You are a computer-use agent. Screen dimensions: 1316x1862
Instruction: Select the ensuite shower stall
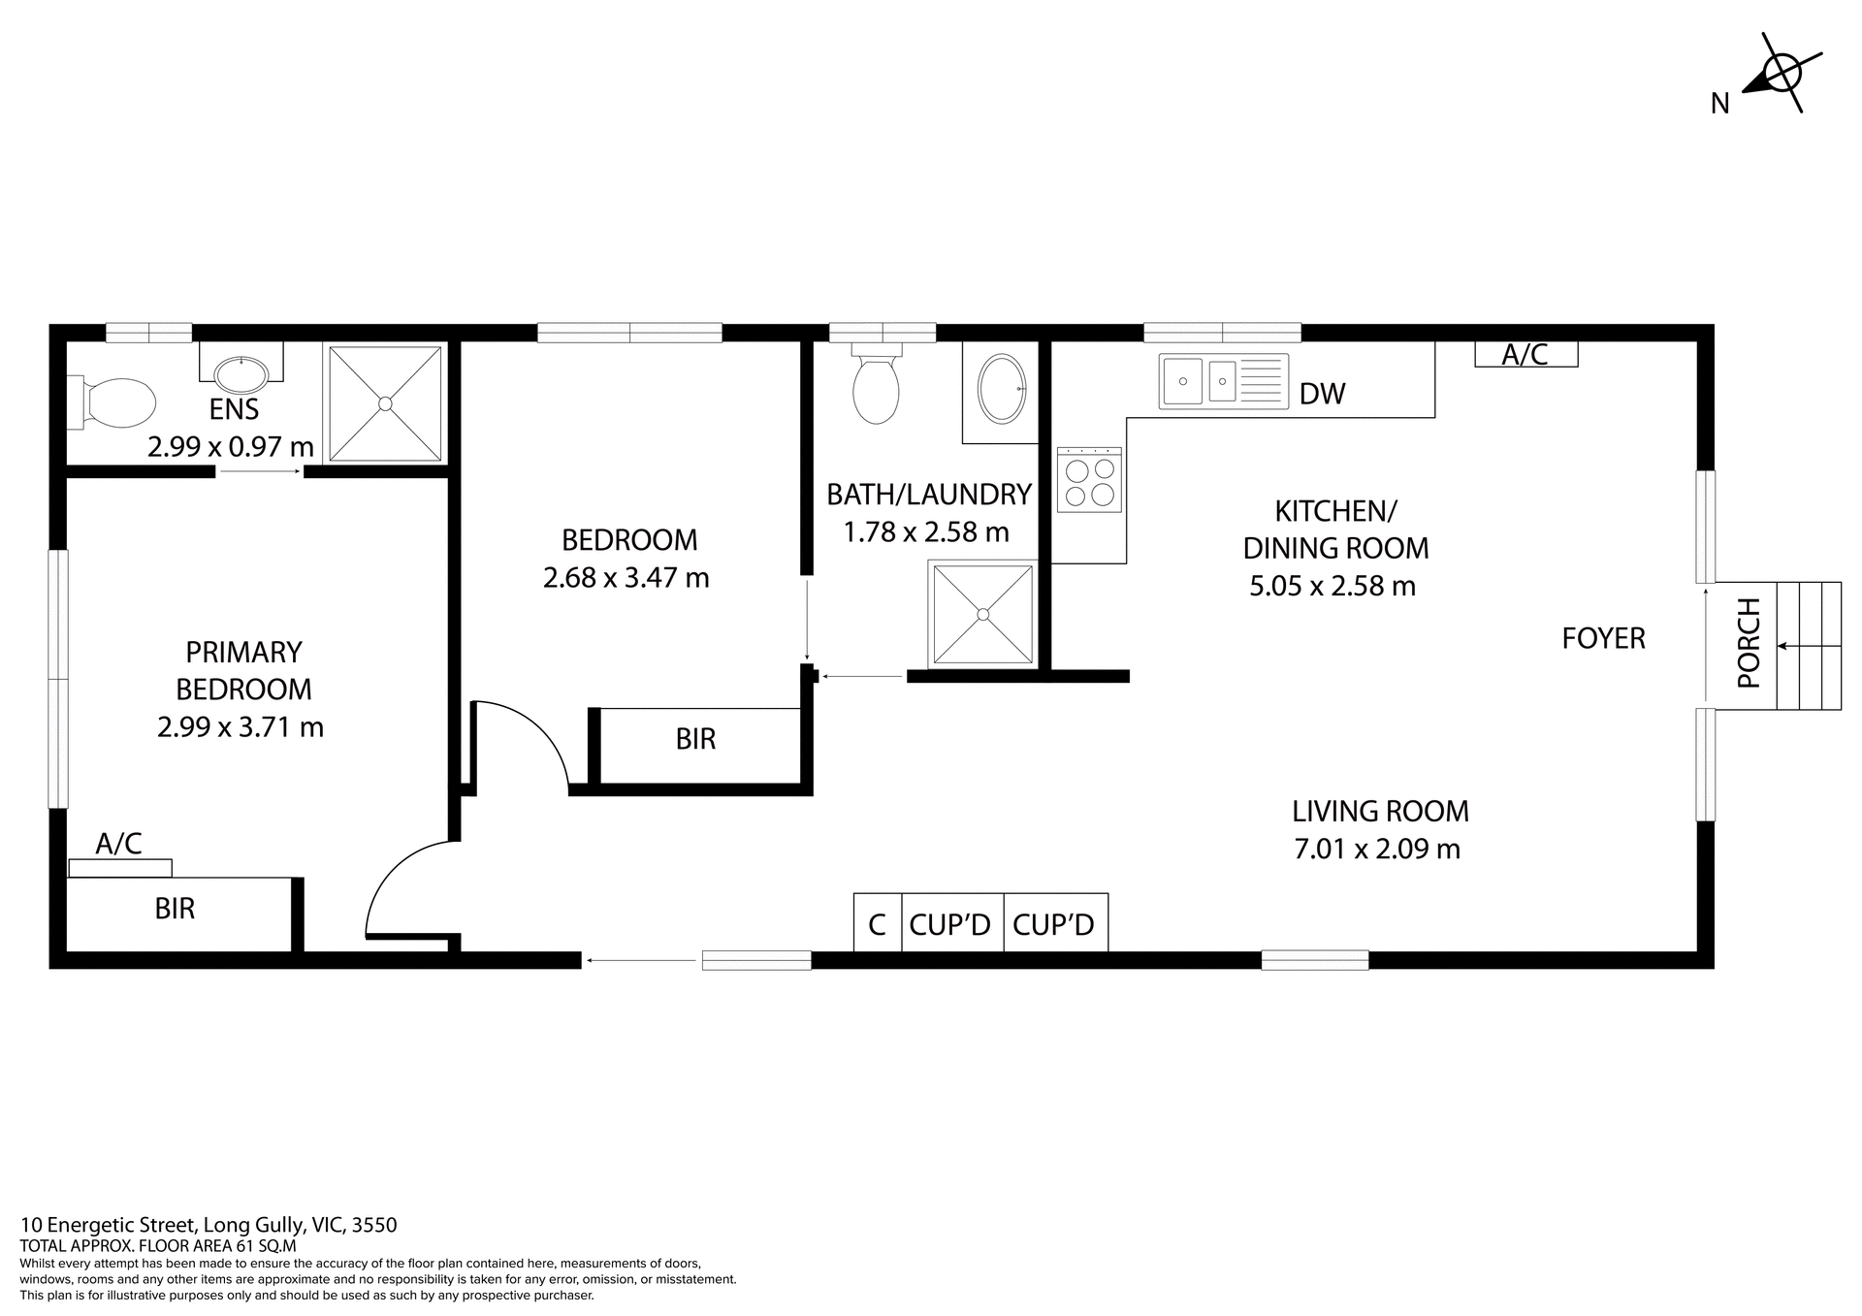pos(385,402)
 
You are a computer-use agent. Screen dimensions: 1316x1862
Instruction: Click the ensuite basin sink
pos(241,373)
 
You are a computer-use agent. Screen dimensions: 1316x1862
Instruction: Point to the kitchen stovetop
pos(1089,481)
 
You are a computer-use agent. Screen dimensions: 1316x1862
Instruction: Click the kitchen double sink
pos(1222,381)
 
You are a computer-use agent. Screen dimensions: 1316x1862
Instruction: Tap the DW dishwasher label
pos(1322,394)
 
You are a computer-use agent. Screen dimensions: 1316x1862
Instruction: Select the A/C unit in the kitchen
pos(1525,354)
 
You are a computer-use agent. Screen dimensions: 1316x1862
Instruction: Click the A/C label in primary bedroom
pos(118,844)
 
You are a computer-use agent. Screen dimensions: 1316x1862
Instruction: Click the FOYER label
pos(1603,638)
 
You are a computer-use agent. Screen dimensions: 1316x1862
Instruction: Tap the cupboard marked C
pos(877,924)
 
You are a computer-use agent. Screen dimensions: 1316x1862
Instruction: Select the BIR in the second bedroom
pos(695,740)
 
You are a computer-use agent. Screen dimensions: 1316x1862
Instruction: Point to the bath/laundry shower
pos(982,614)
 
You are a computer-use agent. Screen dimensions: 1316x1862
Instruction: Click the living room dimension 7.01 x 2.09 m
pos(1376,850)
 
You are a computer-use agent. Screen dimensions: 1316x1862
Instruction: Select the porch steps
pos(1809,645)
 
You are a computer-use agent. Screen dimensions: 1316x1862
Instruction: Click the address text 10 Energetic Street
pos(209,1225)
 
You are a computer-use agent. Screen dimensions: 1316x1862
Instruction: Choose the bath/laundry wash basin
pos(1002,388)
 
